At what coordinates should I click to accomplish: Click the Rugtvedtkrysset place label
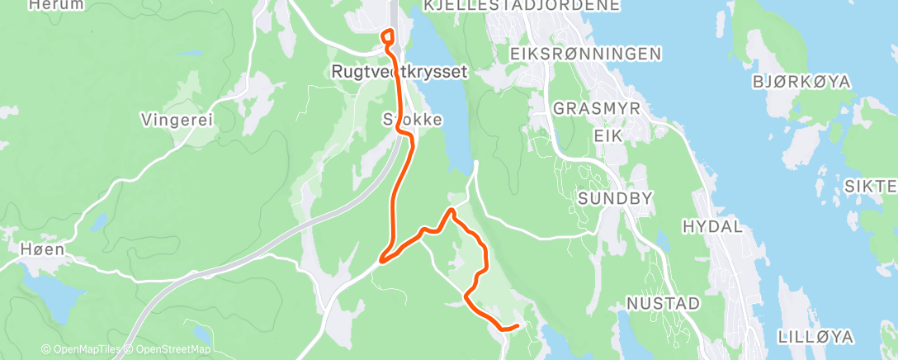click(x=399, y=72)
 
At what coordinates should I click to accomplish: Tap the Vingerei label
click(x=177, y=120)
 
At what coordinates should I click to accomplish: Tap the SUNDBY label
click(x=616, y=198)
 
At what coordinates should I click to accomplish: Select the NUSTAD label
click(x=664, y=304)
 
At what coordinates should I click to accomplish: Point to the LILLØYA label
click(x=815, y=337)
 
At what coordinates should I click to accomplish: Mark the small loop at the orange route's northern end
click(x=386, y=36)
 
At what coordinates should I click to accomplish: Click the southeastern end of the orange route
click(x=516, y=325)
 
